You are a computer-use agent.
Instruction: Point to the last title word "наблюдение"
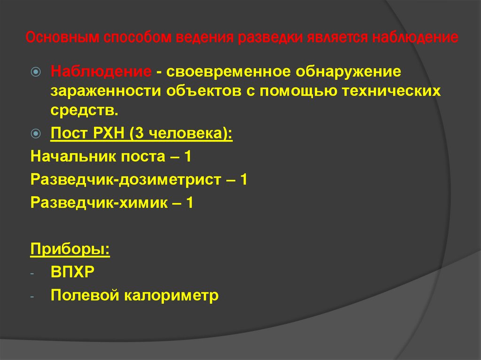pos(416,38)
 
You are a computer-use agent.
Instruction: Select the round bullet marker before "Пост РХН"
pos(36,133)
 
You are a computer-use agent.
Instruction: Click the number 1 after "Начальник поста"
pos(187,156)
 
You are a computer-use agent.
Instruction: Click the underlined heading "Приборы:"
pos(70,249)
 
